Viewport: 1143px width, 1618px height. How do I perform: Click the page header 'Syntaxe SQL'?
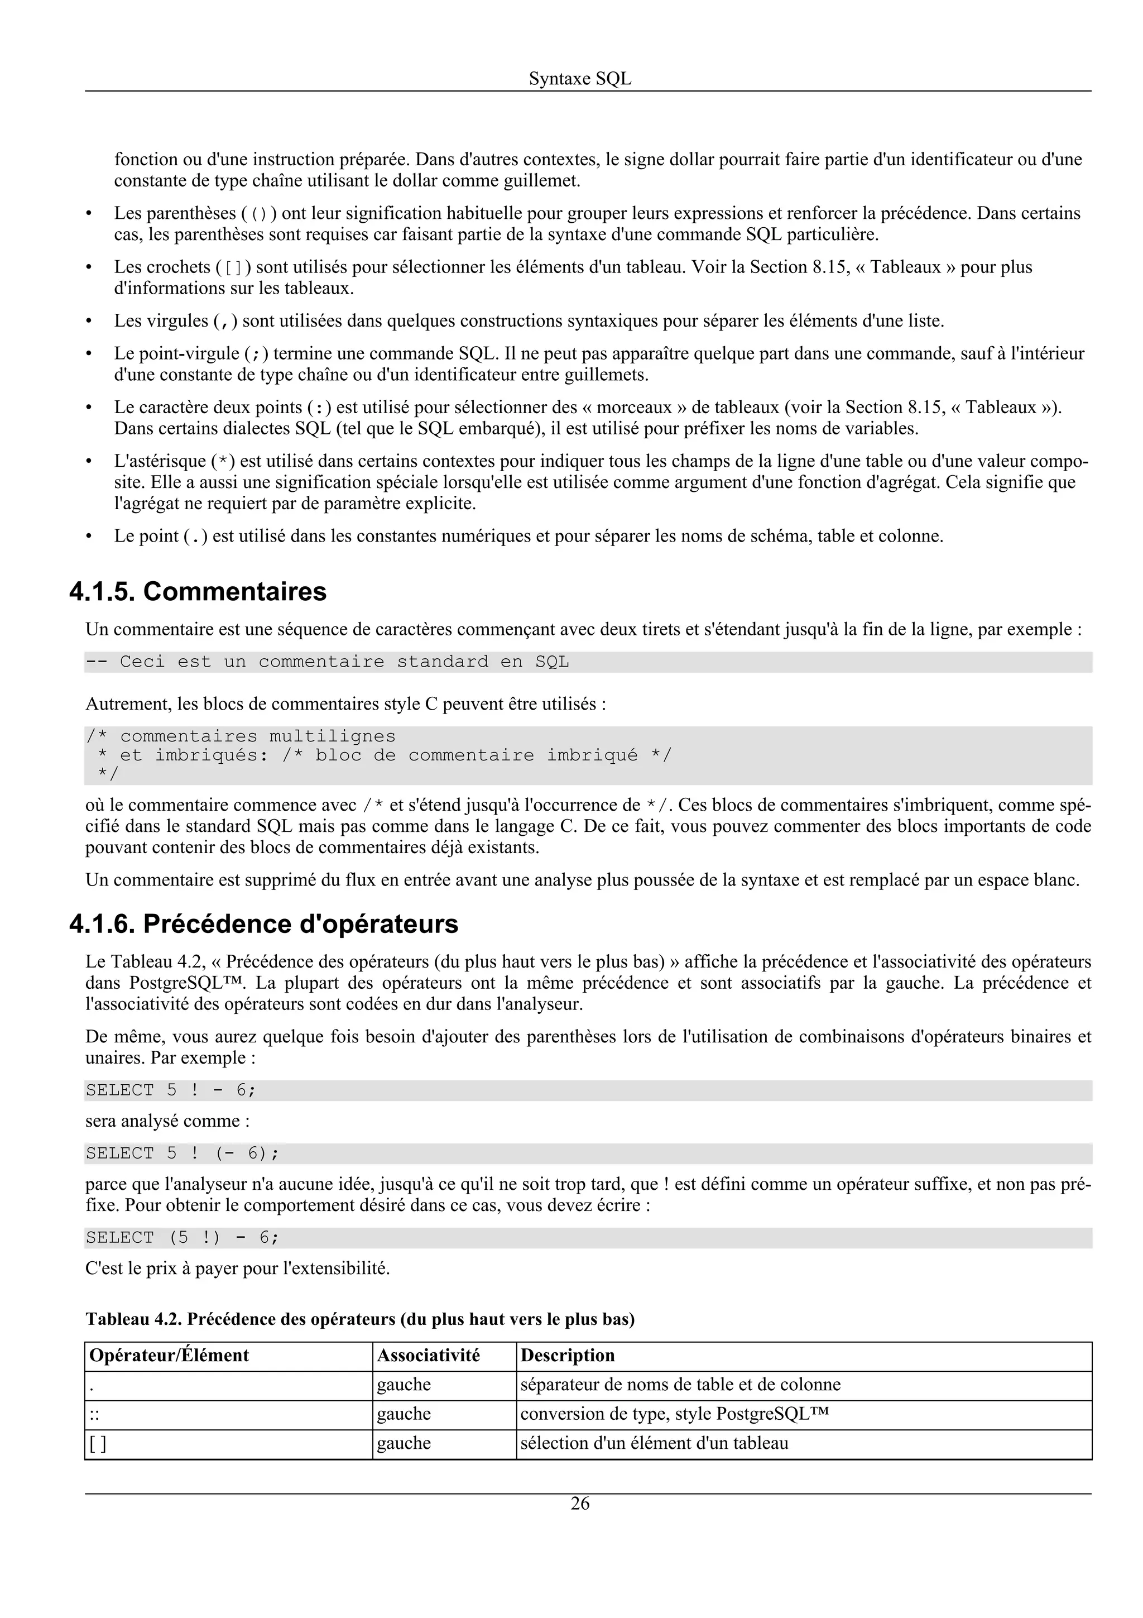click(580, 79)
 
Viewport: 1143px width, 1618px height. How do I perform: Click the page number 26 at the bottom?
click(580, 1504)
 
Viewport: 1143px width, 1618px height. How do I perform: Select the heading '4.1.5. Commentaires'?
click(198, 591)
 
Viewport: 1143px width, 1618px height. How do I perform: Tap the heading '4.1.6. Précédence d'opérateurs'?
click(263, 924)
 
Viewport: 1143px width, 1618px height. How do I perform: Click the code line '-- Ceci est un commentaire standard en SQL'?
click(328, 662)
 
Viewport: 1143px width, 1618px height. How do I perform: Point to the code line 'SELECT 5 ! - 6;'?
click(171, 1090)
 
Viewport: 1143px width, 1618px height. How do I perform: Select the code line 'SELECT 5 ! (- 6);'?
click(183, 1153)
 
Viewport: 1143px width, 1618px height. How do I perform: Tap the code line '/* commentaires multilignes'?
click(241, 736)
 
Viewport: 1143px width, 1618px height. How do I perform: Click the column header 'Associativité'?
click(428, 1355)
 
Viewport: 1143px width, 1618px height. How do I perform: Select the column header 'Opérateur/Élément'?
click(169, 1355)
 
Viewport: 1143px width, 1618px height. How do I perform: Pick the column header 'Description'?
click(568, 1355)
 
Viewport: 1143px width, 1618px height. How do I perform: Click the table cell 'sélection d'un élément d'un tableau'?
click(654, 1443)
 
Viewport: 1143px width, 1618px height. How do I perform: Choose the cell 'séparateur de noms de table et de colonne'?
click(680, 1384)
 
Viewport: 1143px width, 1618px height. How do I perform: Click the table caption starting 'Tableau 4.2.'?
click(360, 1319)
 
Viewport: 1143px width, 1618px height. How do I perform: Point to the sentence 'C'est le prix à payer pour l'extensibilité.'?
click(237, 1268)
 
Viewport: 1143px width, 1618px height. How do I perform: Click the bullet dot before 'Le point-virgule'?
click(89, 354)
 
